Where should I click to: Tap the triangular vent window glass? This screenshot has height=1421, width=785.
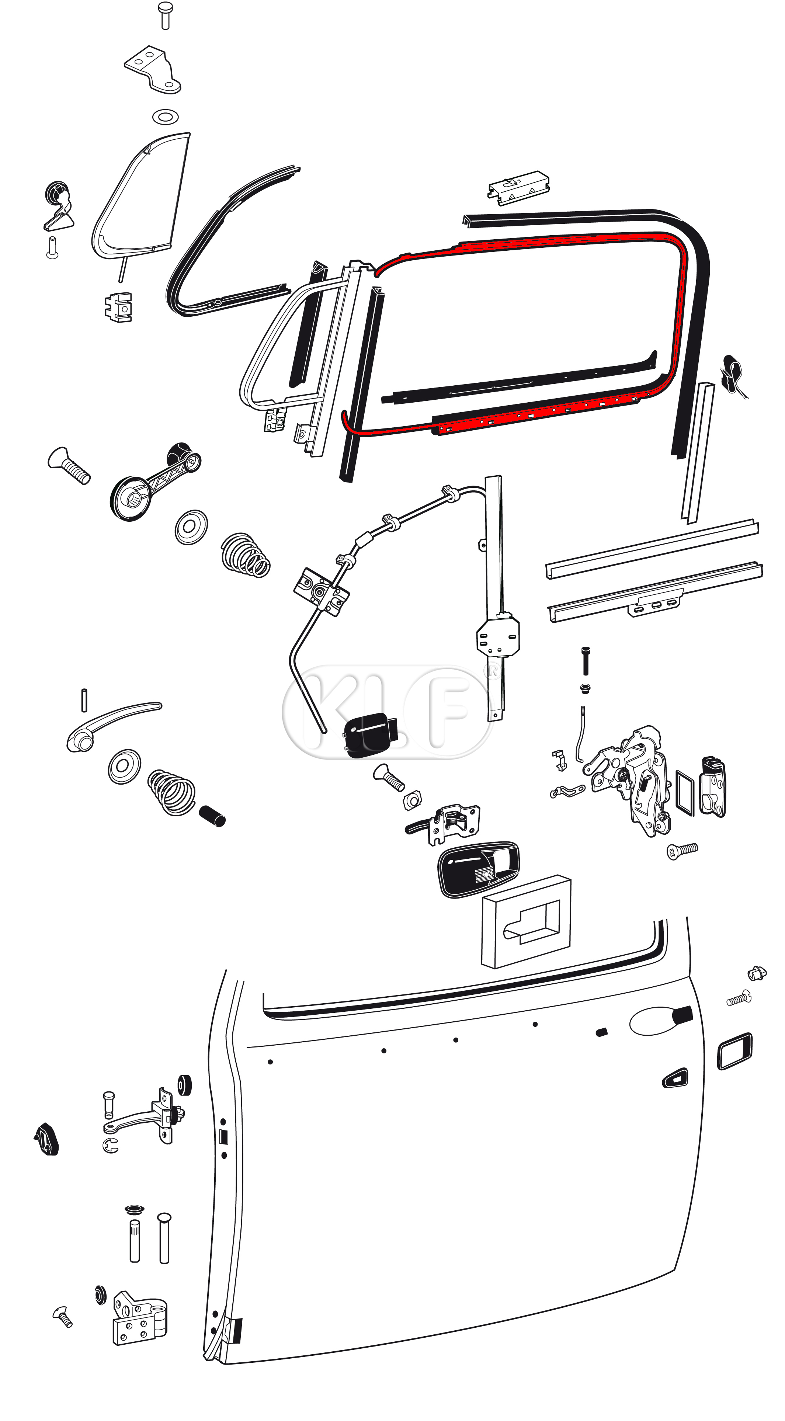(x=141, y=196)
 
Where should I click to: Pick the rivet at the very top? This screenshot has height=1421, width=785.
(x=165, y=15)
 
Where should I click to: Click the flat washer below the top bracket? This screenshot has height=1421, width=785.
(x=165, y=117)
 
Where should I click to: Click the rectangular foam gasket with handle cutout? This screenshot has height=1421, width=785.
(x=526, y=923)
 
